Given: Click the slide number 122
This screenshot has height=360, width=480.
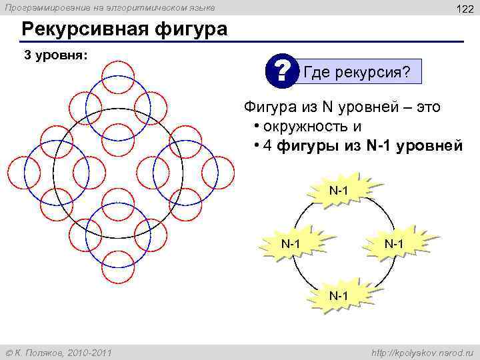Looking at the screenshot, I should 463,9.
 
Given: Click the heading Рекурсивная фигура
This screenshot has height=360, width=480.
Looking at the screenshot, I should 124,30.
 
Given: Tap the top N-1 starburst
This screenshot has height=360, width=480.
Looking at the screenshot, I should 339,191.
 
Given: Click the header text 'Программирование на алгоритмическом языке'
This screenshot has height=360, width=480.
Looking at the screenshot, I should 111,7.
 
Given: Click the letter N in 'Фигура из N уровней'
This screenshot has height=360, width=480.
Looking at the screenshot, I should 327,107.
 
